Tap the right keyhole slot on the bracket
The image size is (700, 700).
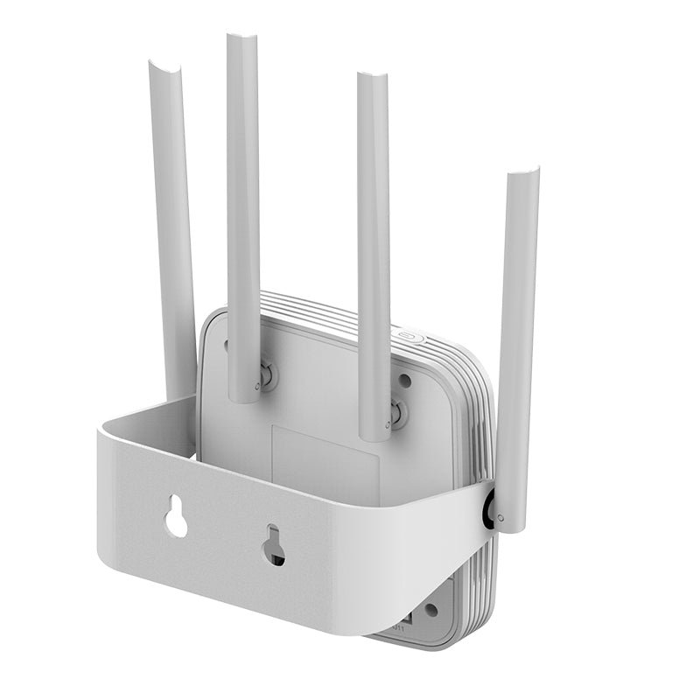click(x=273, y=544)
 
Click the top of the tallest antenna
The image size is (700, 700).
click(x=241, y=38)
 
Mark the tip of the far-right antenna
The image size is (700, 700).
click(x=523, y=173)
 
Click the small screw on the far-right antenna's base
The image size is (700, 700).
click(x=500, y=518)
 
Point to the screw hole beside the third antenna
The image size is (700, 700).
click(x=404, y=381)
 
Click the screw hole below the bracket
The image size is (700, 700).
click(x=430, y=610)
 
